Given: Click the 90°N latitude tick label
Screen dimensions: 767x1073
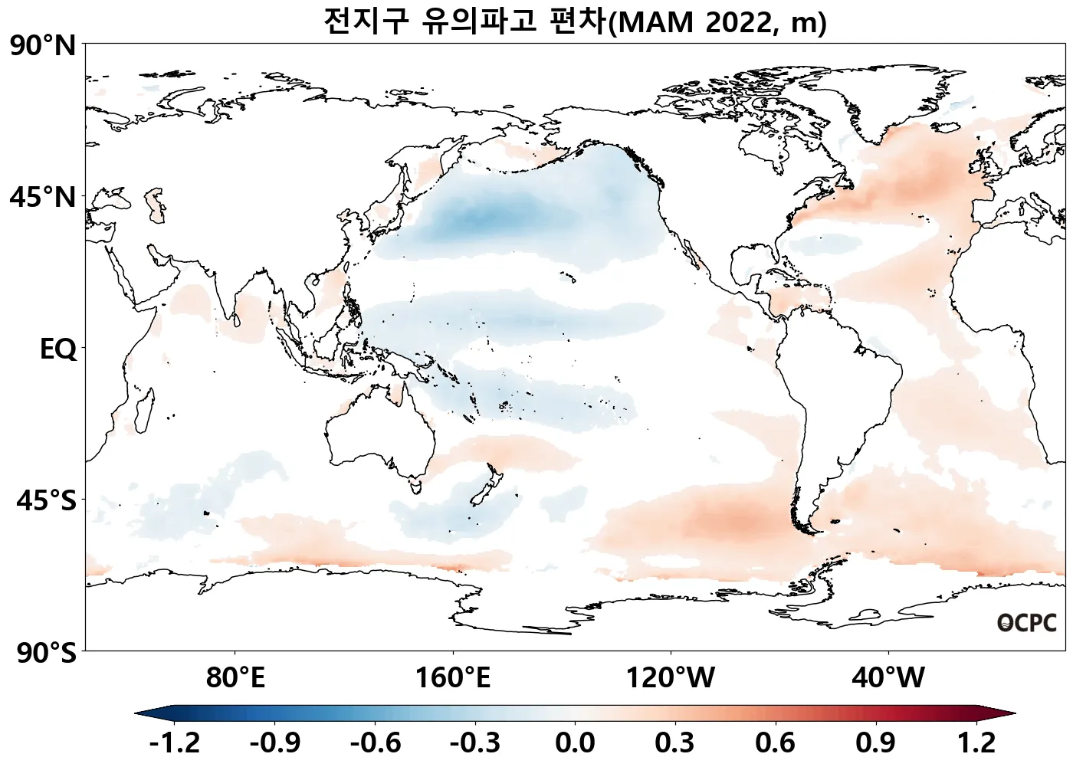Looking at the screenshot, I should pyautogui.click(x=44, y=46).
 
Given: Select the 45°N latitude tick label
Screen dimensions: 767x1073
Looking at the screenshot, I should pyautogui.click(x=44, y=197).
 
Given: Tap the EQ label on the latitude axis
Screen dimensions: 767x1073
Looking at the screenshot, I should pyautogui.click(x=58, y=349).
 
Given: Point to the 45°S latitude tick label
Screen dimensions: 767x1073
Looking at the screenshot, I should pyautogui.click(x=46, y=500).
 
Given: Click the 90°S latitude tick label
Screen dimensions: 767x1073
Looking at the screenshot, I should pyautogui.click(x=46, y=653).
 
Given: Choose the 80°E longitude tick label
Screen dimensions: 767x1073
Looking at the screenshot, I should pyautogui.click(x=235, y=678).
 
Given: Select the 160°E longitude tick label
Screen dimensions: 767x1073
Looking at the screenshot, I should pyautogui.click(x=452, y=678).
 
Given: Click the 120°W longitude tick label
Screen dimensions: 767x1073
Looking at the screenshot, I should pyautogui.click(x=671, y=678).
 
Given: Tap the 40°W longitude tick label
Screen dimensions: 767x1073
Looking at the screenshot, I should pyautogui.click(x=888, y=678).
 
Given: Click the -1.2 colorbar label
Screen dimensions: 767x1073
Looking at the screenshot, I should pyautogui.click(x=175, y=742).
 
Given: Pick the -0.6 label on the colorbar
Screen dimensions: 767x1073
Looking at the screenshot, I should pyautogui.click(x=376, y=742).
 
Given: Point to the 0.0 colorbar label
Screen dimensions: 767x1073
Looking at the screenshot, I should pyautogui.click(x=575, y=742).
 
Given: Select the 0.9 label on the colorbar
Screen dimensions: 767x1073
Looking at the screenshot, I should pyautogui.click(x=875, y=742).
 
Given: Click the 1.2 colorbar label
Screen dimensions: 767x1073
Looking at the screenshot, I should pyautogui.click(x=976, y=742).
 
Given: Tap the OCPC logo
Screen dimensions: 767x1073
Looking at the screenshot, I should pyautogui.click(x=1027, y=623).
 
